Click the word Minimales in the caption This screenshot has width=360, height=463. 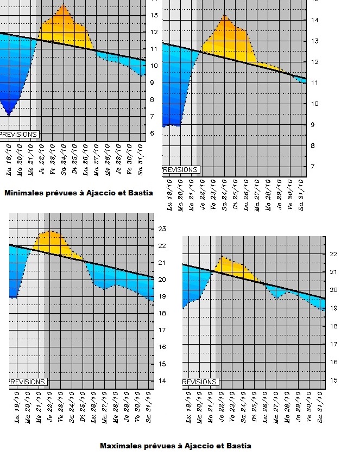tap(24, 193)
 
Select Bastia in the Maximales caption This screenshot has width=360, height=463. tap(238, 446)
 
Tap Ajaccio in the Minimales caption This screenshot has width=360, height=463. tap(105, 193)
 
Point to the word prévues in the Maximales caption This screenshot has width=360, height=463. tap(162, 446)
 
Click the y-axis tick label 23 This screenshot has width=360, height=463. tap(161, 229)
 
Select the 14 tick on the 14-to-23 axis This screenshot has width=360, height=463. tap(161, 380)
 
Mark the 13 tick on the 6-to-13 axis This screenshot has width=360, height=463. tap(154, 15)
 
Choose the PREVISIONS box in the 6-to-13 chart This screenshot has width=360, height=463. tap(19, 134)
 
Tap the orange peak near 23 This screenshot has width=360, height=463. tap(50, 231)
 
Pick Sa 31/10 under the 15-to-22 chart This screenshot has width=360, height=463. tap(321, 411)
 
